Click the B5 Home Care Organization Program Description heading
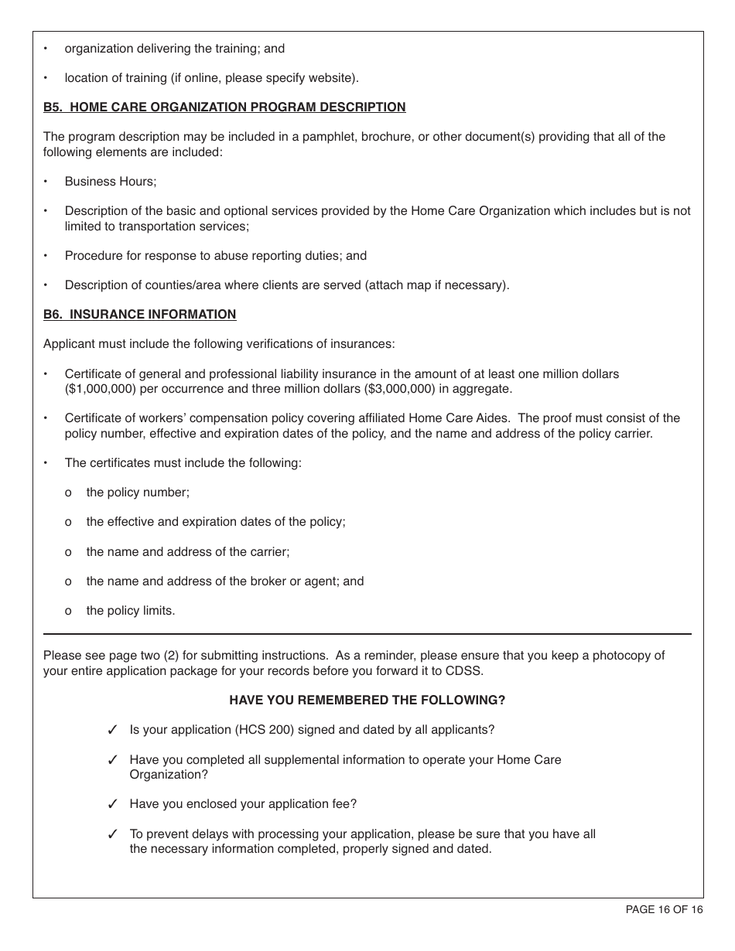pos(224,107)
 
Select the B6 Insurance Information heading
pos(139,315)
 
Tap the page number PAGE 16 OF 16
pos(664,910)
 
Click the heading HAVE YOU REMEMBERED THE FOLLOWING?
pos(367,700)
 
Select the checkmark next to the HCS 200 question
pos(112,731)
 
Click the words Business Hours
pos(110,182)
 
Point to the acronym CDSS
pos(467,671)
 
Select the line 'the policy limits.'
pos(131,611)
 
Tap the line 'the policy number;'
pos(138,493)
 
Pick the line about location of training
pos(211,78)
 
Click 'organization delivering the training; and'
pos(175,49)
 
